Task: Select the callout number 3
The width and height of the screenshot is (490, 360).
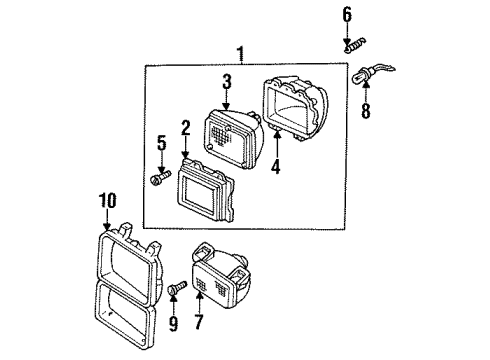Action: (227, 81)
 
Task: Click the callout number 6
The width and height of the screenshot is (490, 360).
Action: (347, 13)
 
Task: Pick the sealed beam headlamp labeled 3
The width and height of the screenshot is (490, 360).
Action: (234, 139)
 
